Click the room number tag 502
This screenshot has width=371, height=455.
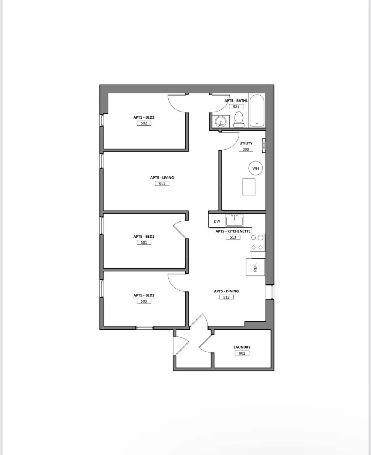pos(144,123)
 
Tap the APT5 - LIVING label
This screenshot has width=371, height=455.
pos(162,177)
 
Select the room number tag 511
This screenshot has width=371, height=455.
pos(162,184)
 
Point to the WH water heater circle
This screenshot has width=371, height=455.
pos(255,168)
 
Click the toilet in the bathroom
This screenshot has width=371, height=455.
pos(239,120)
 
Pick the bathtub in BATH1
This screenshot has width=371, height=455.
pos(257,111)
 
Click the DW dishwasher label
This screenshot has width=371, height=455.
pos(217,221)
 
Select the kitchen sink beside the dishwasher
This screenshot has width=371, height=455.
pos(234,220)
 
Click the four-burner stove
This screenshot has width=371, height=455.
pos(257,242)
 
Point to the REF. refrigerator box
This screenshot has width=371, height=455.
pos(255,267)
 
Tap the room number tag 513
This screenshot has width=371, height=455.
pos(233,237)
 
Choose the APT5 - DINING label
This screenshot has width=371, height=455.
pos(226,291)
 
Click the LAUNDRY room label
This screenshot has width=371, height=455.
pos(242,347)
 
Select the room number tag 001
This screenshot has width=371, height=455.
pos(242,353)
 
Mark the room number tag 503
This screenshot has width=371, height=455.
pos(144,301)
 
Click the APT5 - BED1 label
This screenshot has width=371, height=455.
pos(144,236)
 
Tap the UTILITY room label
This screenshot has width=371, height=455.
pos(246,143)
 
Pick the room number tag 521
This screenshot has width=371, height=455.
pos(236,107)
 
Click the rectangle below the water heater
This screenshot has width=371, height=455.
pos(249,187)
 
